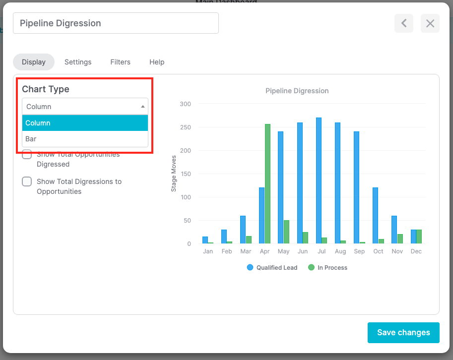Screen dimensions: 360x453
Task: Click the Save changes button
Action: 403,332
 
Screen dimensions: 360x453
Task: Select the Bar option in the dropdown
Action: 85,139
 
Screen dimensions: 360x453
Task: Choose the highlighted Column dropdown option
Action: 85,123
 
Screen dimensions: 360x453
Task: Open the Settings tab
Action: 78,62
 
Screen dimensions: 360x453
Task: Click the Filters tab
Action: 120,62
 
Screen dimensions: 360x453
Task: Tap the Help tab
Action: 157,62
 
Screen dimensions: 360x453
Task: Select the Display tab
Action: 34,62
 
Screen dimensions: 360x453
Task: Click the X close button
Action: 430,23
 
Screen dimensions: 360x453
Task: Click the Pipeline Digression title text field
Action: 116,23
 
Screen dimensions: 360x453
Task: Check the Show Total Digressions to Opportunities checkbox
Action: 27,181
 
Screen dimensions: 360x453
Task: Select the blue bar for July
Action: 319,180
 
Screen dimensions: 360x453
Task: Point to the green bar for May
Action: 286,232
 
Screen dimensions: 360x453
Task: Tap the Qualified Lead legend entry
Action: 272,267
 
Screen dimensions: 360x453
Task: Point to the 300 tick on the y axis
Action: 185,104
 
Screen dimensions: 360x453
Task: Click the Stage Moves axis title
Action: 174,173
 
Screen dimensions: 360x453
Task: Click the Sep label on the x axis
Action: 359,251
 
